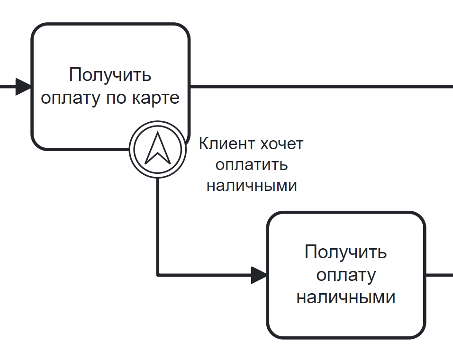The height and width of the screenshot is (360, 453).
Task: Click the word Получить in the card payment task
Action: click(110, 75)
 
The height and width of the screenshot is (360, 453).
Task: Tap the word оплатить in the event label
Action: click(252, 164)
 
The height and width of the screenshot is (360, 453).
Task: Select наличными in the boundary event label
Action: click(252, 185)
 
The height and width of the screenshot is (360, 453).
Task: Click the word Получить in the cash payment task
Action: click(346, 252)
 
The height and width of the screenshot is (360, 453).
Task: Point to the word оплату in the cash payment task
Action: click(346, 275)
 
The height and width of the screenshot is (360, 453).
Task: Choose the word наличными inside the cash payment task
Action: click(346, 297)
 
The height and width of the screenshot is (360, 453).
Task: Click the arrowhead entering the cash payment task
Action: click(259, 275)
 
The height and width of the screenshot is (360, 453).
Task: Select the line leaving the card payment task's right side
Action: click(322, 87)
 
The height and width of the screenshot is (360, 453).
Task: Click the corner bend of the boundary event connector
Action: click(158, 274)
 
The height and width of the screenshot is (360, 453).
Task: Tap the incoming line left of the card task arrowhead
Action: click(7, 87)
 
